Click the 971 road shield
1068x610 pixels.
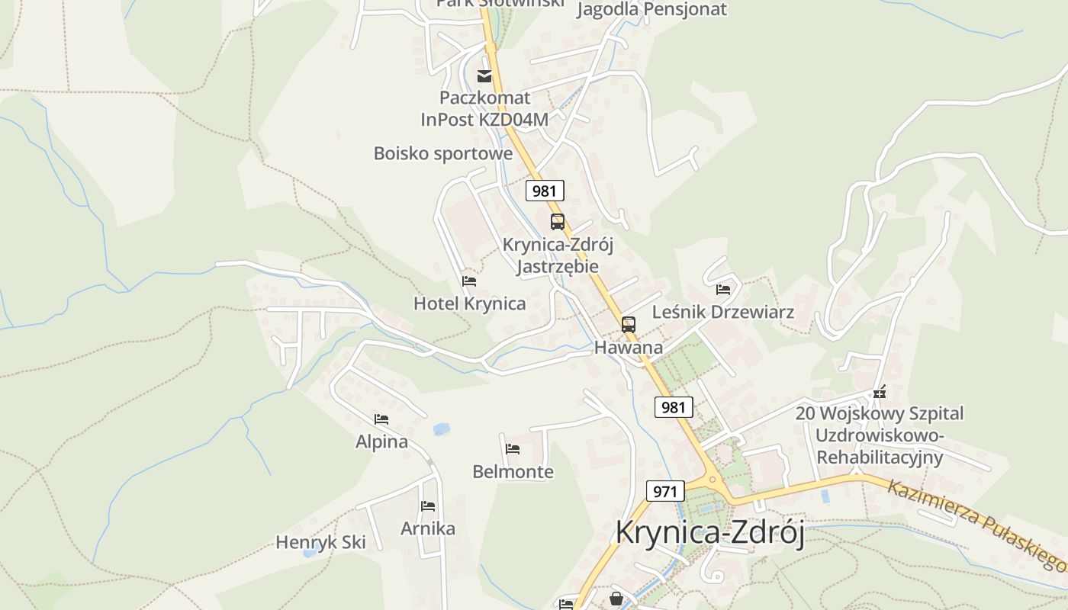tap(664, 491)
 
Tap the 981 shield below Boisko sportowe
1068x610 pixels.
tap(544, 191)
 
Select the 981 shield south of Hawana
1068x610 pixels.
tap(674, 407)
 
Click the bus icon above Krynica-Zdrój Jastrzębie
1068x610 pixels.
tap(558, 222)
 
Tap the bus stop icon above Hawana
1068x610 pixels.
tap(628, 325)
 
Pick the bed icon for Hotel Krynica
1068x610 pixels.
tap(469, 281)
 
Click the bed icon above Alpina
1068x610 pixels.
tap(381, 419)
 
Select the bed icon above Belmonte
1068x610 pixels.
tap(513, 449)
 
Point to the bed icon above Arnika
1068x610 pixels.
tap(427, 506)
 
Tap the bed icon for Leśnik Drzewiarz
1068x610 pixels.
tap(723, 290)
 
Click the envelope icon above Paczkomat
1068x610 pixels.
tap(484, 75)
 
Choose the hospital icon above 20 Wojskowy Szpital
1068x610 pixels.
tap(880, 392)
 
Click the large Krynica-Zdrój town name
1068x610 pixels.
tap(709, 533)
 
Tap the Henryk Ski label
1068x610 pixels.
tap(320, 543)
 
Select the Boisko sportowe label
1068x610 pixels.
tap(442, 153)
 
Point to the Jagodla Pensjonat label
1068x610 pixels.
tap(651, 9)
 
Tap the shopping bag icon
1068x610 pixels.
tap(616, 599)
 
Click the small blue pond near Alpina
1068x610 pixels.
tap(441, 429)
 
